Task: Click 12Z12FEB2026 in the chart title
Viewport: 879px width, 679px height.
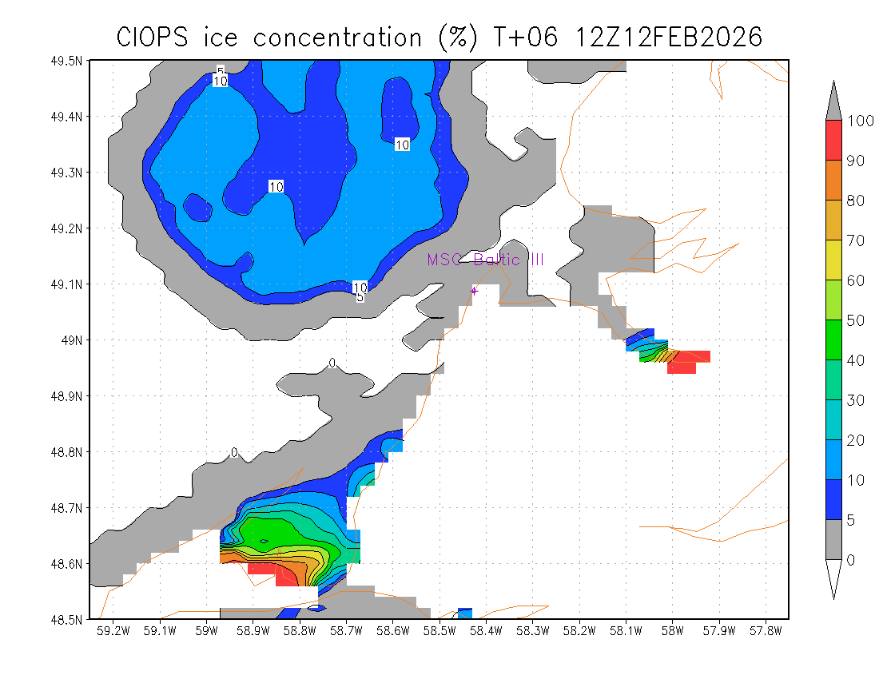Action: [669, 37]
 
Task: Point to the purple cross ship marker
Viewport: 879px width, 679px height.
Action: [474, 291]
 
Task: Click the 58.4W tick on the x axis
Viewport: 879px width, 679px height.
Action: [486, 632]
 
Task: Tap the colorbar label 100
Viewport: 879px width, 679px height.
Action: [857, 121]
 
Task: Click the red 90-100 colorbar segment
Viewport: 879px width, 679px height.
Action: [833, 141]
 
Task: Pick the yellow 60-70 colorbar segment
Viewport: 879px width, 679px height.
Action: [833, 260]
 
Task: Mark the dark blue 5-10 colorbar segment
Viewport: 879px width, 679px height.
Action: [833, 500]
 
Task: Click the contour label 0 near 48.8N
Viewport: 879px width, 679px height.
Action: [234, 452]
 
